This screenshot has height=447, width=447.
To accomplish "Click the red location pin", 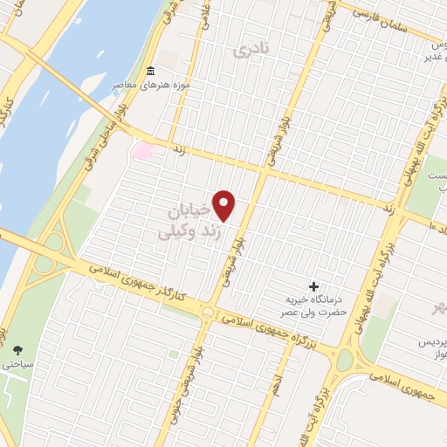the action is click(224, 204).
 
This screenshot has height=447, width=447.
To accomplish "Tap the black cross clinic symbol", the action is click(314, 286).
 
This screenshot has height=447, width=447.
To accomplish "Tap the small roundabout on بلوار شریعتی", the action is click(209, 312).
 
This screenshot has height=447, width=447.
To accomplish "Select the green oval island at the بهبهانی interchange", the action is click(346, 359).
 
